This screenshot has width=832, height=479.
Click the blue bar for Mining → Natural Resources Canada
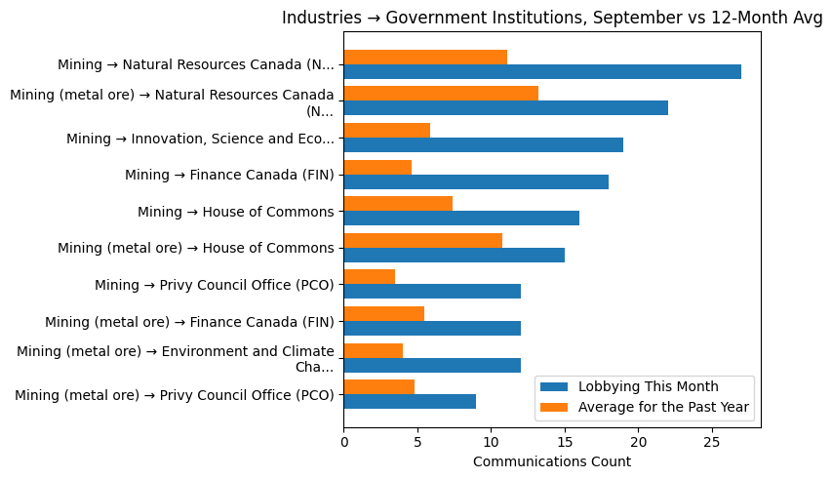(x=542, y=72)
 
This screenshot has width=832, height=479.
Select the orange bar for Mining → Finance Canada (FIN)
(x=377, y=167)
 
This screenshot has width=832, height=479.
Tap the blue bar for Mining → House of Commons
(x=461, y=219)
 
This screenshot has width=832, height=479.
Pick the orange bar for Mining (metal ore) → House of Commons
(x=423, y=240)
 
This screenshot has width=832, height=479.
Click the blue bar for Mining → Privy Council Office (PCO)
(x=432, y=292)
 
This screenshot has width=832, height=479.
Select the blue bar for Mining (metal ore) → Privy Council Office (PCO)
(x=410, y=402)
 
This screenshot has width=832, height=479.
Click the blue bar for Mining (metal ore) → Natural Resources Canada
(x=505, y=108)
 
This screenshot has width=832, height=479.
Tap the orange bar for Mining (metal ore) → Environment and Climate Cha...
(x=374, y=350)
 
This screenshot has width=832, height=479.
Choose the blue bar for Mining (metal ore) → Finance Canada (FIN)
(x=432, y=329)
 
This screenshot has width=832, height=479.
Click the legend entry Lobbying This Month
(x=648, y=386)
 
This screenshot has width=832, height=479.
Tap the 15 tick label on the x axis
(x=565, y=442)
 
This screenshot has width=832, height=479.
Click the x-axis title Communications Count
(x=552, y=461)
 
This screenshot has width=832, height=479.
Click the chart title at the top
(x=552, y=18)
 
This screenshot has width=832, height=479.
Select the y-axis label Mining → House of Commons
(x=236, y=212)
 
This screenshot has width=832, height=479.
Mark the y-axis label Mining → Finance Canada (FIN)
(x=229, y=176)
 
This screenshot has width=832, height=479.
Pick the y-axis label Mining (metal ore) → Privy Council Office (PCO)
(x=175, y=395)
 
